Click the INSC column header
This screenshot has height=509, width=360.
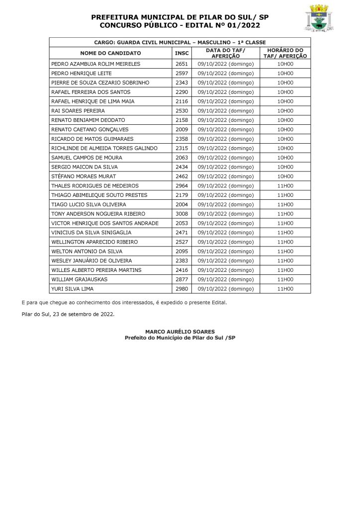(181, 53)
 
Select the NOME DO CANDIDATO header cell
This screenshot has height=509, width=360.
(110, 53)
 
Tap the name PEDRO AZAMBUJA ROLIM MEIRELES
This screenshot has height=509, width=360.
(96, 64)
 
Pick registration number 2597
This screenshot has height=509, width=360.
(181, 74)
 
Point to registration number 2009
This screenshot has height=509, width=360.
(181, 129)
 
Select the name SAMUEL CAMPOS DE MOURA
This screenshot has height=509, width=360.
(83, 158)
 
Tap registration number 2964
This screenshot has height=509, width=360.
(181, 185)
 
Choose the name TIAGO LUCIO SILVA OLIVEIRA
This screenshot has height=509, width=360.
(89, 204)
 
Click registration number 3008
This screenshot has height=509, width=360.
(181, 214)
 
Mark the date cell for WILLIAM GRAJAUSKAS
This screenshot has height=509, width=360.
(226, 279)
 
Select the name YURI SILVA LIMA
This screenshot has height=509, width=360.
(73, 289)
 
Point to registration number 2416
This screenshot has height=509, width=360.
(181, 270)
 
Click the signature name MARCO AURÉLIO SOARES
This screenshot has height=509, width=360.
(180, 332)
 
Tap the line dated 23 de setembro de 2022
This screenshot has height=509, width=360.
(68, 315)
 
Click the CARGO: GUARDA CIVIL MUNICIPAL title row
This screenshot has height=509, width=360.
(180, 42)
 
